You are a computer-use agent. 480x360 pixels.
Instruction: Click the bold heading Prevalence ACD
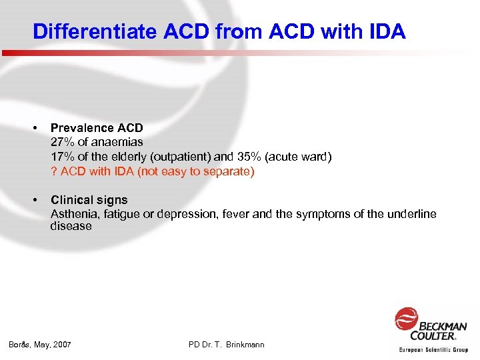(x=97, y=127)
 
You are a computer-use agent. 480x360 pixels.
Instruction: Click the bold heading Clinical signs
(x=89, y=200)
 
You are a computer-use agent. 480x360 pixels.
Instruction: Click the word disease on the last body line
(x=71, y=227)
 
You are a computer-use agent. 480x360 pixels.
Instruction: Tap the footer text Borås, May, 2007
(x=40, y=345)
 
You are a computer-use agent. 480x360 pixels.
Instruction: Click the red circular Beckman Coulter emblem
(x=405, y=319)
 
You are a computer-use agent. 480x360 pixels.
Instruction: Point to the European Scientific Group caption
(x=433, y=349)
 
